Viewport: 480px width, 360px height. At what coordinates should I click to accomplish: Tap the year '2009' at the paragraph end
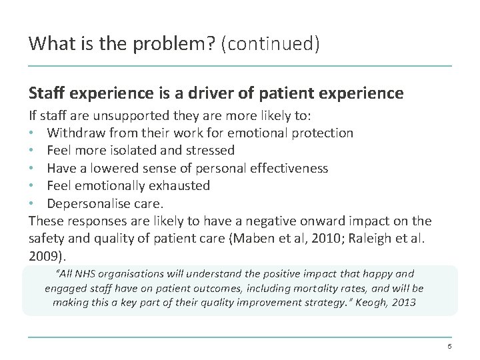tap(43, 255)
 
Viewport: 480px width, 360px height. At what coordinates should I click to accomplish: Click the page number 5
tap(449, 347)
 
